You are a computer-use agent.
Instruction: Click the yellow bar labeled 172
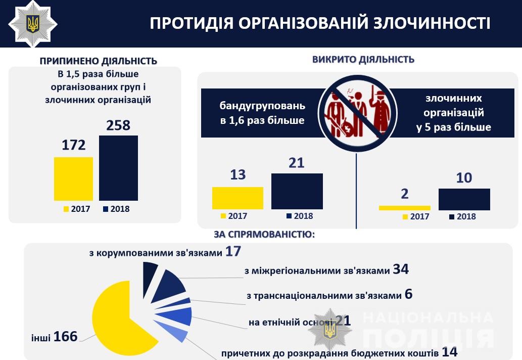(73, 178)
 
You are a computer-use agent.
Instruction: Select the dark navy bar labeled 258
(118, 168)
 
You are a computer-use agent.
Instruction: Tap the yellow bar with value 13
(238, 198)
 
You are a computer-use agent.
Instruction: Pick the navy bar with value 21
(297, 191)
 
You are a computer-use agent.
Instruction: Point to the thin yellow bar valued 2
(404, 208)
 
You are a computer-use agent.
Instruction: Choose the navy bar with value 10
(464, 199)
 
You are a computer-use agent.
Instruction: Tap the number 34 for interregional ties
(400, 269)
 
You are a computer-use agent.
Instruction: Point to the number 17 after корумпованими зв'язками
(233, 251)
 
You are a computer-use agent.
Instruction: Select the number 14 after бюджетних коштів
(450, 352)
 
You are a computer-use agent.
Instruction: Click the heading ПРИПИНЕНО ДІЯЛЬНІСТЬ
(99, 61)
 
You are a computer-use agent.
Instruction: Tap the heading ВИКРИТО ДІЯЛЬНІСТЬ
(363, 59)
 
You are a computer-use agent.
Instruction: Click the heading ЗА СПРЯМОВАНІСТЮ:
(265, 234)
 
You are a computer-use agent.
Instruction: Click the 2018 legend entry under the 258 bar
(116, 209)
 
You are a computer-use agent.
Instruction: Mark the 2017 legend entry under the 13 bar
(234, 216)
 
